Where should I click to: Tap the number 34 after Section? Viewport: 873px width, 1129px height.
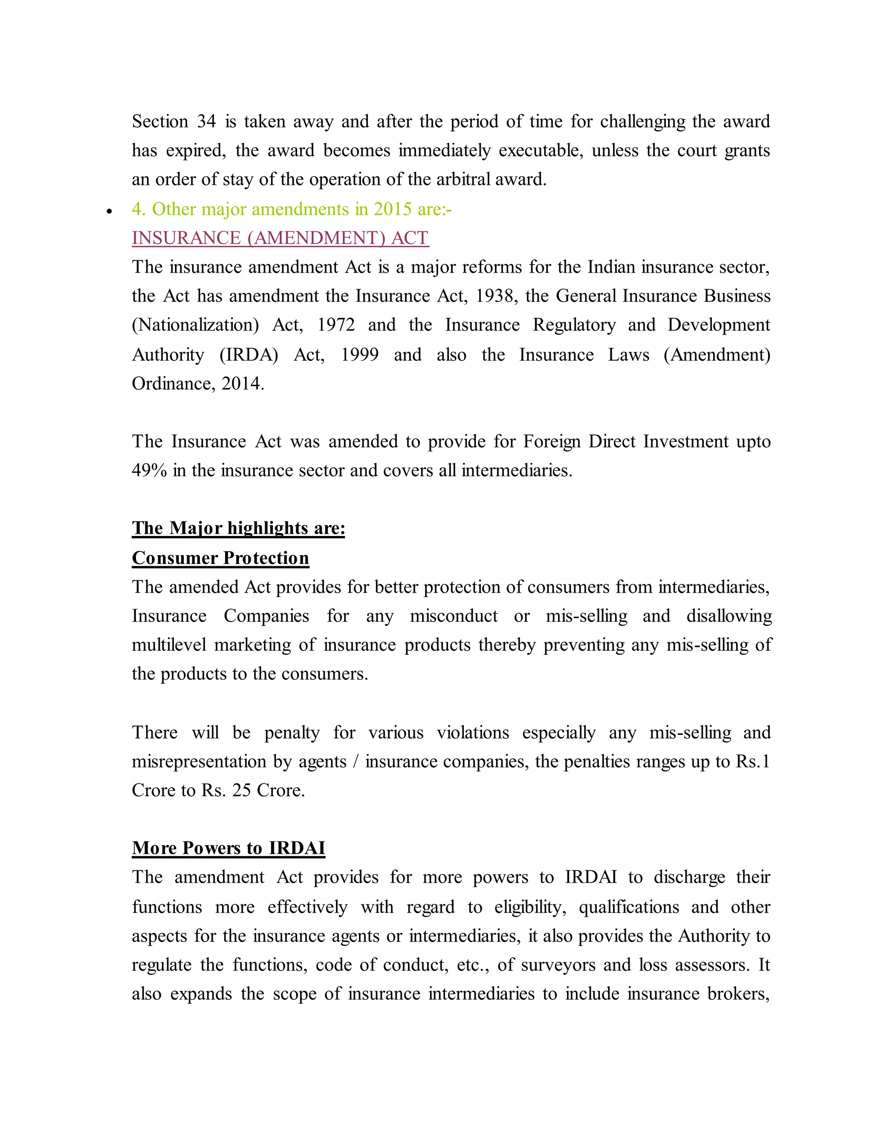coord(206,121)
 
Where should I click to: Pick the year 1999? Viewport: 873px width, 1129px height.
coord(359,354)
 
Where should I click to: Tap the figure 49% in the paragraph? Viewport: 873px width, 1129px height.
coord(149,470)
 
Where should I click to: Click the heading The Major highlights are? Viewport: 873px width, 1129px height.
coord(238,528)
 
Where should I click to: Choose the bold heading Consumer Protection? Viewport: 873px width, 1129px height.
coord(220,558)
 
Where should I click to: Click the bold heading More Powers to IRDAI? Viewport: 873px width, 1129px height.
coord(228,848)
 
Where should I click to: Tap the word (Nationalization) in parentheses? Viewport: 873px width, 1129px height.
coord(195,325)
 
